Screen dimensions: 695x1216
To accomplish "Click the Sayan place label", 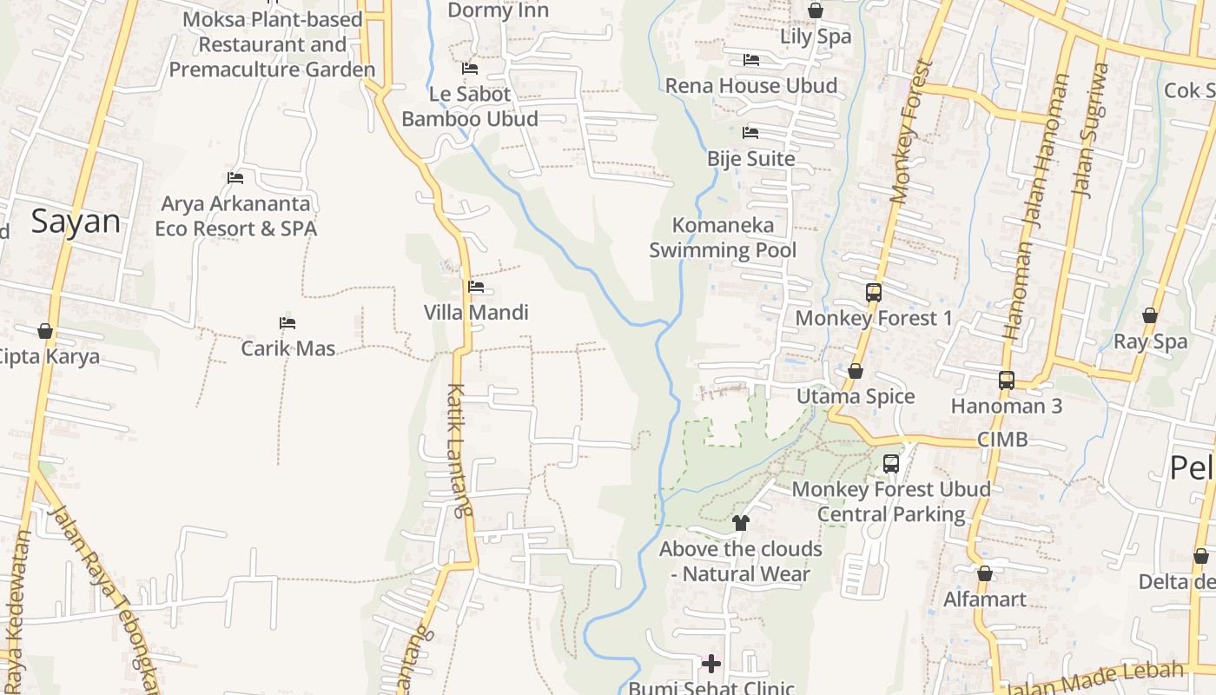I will click(76, 222).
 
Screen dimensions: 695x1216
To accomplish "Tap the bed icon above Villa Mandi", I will click(476, 287).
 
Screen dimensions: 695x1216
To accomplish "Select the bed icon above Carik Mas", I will click(287, 323).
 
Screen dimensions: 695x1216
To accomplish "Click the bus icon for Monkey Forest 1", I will click(874, 293).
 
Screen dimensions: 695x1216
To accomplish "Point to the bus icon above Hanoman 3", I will click(1007, 381).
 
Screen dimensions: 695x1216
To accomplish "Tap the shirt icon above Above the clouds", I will click(740, 523).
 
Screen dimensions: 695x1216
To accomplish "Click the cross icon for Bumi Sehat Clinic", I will click(711, 665).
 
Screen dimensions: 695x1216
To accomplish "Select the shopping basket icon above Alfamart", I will click(985, 573).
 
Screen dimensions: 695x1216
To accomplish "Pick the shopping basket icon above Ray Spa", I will click(1150, 315).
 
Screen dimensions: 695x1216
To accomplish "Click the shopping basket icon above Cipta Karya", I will click(45, 331).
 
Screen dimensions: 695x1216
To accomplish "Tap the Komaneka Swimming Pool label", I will click(723, 238).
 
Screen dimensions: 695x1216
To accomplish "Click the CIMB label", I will click(1002, 440).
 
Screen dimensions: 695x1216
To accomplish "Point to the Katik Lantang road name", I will click(459, 450).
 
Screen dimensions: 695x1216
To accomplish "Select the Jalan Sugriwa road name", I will click(1091, 130).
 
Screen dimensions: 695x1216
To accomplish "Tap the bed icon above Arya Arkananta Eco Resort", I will click(235, 178).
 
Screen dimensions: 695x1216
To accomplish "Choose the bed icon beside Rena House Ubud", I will click(751, 60).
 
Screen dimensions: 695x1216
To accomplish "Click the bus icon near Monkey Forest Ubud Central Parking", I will click(891, 464).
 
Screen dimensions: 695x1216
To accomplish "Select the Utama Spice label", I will click(856, 396).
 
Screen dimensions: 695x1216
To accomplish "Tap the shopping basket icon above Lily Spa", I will click(816, 10).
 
